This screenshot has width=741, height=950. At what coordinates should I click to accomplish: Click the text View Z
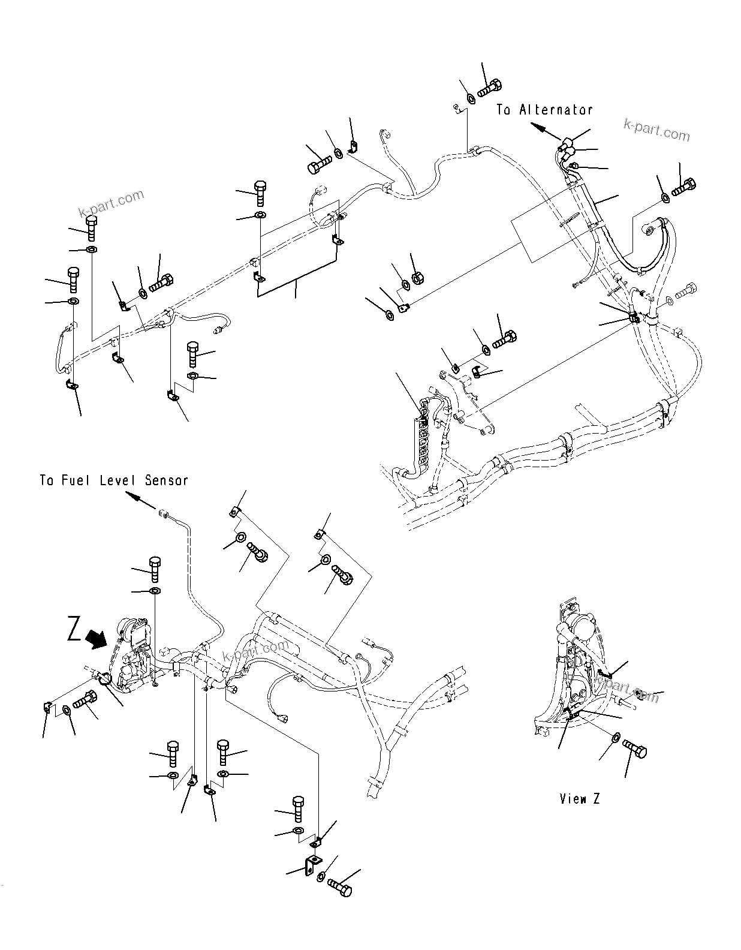pyautogui.click(x=580, y=799)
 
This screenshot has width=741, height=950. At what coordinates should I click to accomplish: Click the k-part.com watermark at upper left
pyautogui.click(x=112, y=204)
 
